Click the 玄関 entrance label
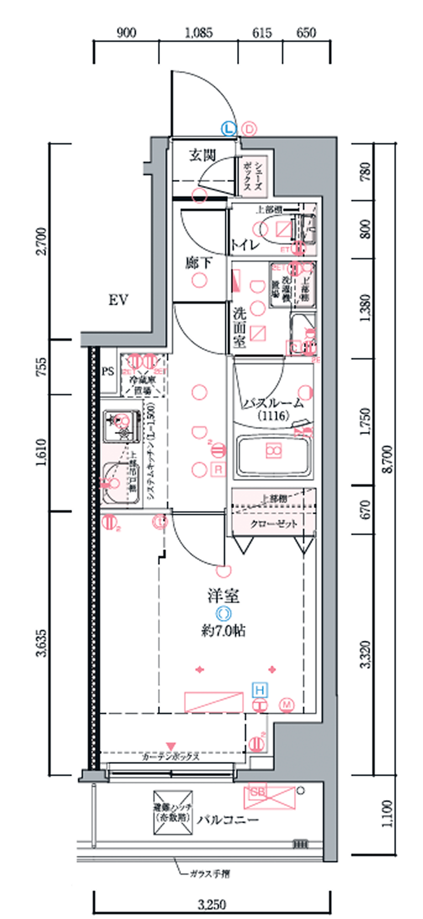pos(202,155)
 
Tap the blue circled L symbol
pos(229,128)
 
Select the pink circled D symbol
pos(250,129)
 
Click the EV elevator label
pos(118,300)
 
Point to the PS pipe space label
pos(107,371)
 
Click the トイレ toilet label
pos(245,245)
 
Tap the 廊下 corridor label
pos(199,263)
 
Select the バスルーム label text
pos(273,403)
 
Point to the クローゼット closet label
pos(274,524)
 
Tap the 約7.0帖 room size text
pos(223,631)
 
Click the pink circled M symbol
pos(287,705)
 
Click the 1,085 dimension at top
pos(199,33)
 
